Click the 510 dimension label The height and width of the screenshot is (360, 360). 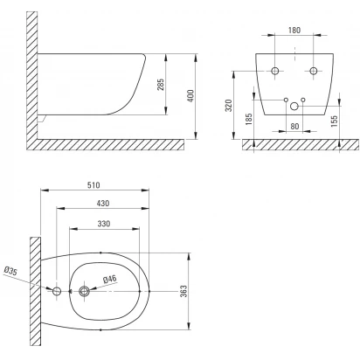click(x=93, y=185)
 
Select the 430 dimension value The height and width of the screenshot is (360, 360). click(x=103, y=203)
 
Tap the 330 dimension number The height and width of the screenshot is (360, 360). click(x=104, y=224)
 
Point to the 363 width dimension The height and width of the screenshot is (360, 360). click(x=183, y=291)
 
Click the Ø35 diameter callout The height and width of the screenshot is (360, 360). click(x=10, y=271)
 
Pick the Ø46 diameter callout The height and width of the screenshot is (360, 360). click(x=110, y=280)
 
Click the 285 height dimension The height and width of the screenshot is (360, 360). click(x=161, y=85)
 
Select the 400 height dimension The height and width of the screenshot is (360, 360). click(x=190, y=96)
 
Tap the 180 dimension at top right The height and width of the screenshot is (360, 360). click(x=294, y=30)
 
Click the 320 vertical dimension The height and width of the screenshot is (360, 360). click(x=229, y=106)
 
